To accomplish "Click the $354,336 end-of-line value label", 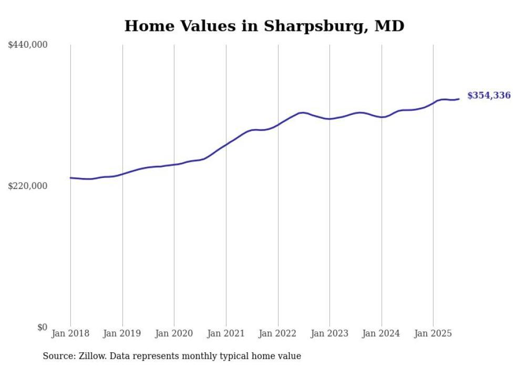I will [488, 96].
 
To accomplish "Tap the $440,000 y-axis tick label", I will [28, 45].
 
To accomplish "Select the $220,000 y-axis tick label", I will [28, 186].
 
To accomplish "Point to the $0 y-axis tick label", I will [42, 327].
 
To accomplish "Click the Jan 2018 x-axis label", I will [70, 333].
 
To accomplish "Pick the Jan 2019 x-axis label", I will [122, 333].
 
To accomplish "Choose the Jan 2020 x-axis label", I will [174, 333].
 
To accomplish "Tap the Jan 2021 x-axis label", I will [226, 333].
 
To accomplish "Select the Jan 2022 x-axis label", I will [278, 333].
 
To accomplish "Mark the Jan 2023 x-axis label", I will [329, 333].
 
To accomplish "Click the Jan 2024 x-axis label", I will [382, 333].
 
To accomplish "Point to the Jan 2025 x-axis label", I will [433, 333].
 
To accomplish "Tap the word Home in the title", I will [147, 26].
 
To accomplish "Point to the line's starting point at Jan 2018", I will [70, 178].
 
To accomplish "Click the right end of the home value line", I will [459, 99].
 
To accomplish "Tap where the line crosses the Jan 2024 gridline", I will [382, 117].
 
